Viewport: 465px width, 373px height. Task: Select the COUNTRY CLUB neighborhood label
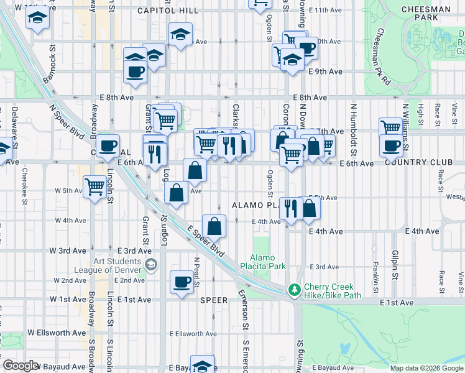tap(418, 163)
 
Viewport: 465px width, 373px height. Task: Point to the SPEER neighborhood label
tap(214, 300)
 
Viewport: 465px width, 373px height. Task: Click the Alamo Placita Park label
tap(267, 262)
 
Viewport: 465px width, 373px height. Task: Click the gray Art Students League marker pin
tap(150, 265)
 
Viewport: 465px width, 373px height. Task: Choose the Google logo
tap(21, 366)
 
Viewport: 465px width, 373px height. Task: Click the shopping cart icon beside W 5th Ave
tap(95, 186)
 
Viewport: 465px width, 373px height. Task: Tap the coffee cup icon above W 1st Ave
tap(182, 282)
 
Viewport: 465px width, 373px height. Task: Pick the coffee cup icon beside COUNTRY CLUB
tap(391, 146)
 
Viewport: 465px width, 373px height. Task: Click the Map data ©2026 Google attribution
tap(426, 368)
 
